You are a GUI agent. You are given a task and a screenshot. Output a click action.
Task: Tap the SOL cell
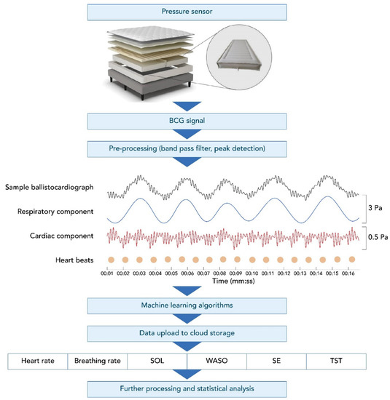(156, 360)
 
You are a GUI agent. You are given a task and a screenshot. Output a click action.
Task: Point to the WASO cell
(217, 360)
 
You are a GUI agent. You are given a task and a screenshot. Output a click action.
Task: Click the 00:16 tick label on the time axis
(348, 273)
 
